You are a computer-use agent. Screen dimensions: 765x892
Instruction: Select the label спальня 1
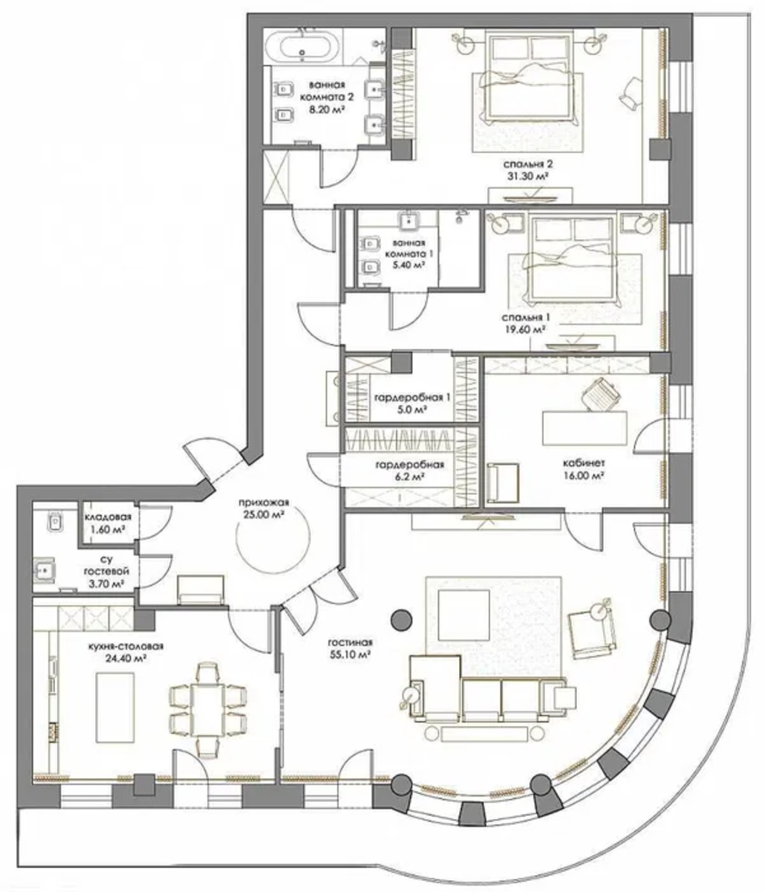[525, 317]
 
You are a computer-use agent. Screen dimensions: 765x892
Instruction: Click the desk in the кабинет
[585, 427]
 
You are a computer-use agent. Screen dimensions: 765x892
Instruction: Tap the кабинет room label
[584, 463]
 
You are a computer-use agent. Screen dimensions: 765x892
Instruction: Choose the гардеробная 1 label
[411, 398]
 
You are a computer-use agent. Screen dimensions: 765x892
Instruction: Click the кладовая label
[108, 517]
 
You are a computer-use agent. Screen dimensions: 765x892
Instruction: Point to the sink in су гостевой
[44, 572]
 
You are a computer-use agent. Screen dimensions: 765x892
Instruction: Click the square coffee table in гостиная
[464, 615]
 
